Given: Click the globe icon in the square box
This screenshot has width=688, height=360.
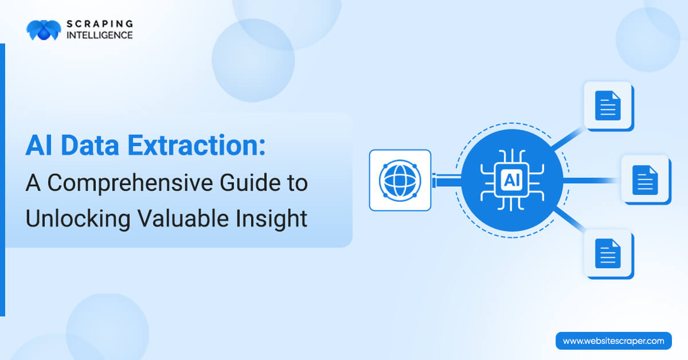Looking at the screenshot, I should tap(400, 180).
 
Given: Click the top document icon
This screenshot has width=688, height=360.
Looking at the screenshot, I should tap(607, 105).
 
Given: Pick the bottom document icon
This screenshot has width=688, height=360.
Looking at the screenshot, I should tap(607, 253).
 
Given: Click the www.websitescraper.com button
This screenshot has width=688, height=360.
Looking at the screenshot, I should tap(613, 341).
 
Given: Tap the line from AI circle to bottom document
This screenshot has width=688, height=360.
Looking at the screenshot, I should tap(568, 220).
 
